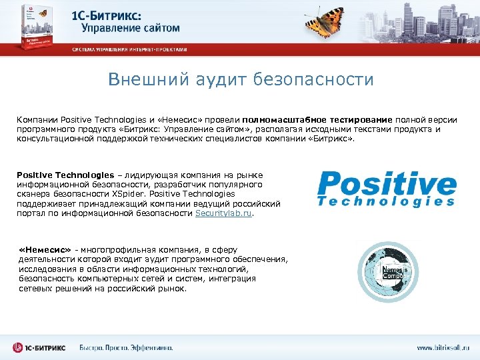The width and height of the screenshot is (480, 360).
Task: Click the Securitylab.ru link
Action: [224, 214]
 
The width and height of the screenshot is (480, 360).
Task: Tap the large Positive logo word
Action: [387, 184]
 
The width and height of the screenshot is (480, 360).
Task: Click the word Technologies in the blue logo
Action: [387, 201]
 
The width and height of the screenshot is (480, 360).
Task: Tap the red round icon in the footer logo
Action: [19, 347]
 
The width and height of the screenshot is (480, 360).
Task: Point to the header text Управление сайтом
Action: [131, 28]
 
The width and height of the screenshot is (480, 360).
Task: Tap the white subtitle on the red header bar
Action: [130, 49]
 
